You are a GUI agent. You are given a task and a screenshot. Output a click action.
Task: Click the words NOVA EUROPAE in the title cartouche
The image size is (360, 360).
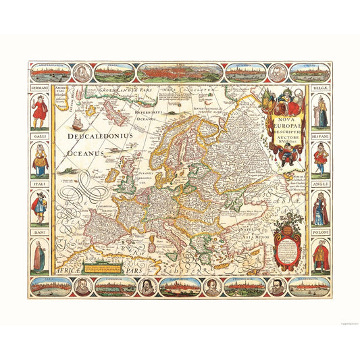pos(280,122)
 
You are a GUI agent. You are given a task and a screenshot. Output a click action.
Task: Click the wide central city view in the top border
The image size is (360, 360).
pos(180,72)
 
